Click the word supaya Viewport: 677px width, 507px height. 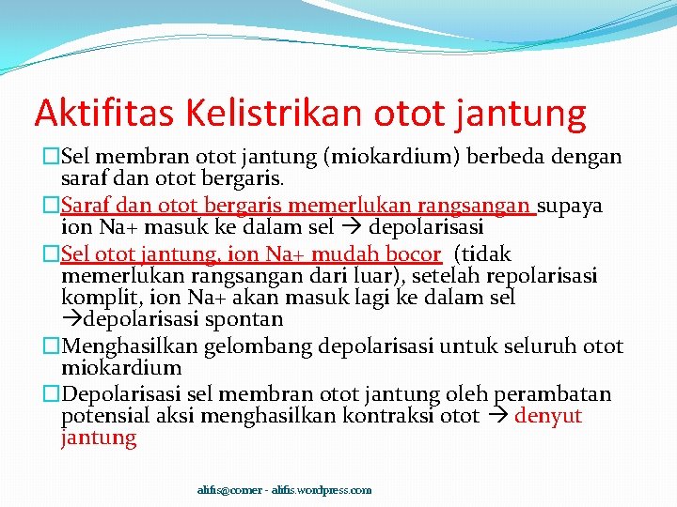[x=571, y=206]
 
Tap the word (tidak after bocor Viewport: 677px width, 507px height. [x=482, y=254]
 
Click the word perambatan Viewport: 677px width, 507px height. [x=554, y=394]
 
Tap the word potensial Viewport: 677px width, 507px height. [x=100, y=416]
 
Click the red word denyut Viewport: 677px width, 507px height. [x=548, y=416]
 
